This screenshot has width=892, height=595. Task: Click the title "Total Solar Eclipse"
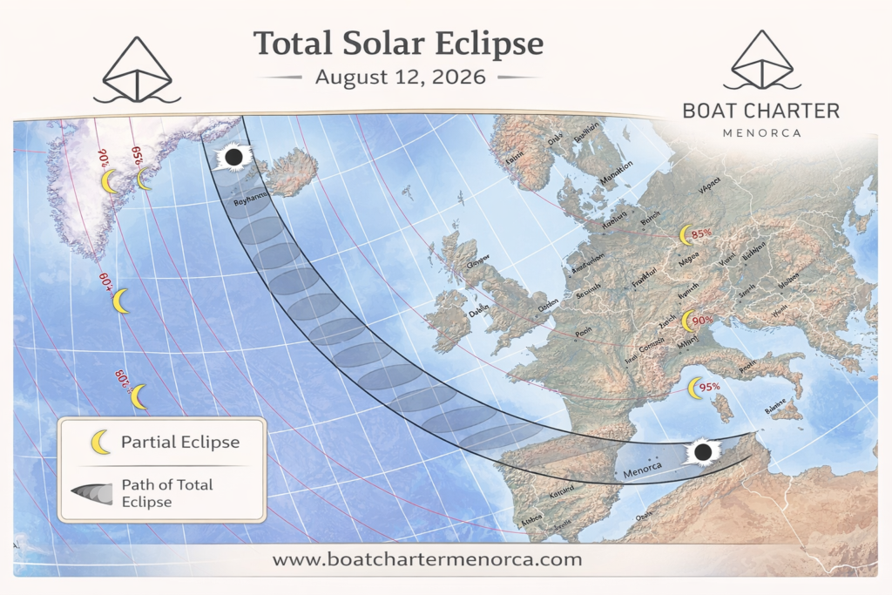pos(398,44)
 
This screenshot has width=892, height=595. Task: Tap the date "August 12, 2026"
pos(400,77)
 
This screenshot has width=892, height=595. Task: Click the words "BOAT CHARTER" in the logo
pos(761,111)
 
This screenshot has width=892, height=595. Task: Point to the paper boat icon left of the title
pos(137,70)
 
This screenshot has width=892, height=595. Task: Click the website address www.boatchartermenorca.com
pos(426,558)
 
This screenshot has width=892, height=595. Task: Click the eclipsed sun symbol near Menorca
pos(702,452)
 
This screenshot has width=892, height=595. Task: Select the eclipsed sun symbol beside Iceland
pos(233,158)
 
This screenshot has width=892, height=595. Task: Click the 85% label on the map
pos(702,234)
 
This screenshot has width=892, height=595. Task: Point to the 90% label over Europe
pos(702,320)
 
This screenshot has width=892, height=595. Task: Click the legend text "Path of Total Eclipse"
pos(167,493)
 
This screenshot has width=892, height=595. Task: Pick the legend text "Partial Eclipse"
pos(179,442)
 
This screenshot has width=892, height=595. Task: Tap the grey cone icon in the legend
pos(92,494)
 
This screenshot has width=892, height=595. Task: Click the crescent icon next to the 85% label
pos(684,234)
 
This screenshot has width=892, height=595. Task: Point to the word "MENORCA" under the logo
pos(761,132)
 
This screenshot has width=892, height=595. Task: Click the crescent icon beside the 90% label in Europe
pos(686,321)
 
